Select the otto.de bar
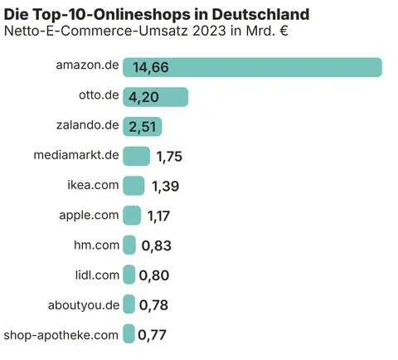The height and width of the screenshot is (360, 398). click(156, 97)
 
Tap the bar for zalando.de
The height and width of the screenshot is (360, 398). click(143, 126)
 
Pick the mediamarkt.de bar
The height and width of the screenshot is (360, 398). click(136, 156)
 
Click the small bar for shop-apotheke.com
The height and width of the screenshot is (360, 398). click(129, 334)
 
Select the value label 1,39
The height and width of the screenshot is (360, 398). click(164, 187)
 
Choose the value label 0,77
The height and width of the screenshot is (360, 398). click(153, 335)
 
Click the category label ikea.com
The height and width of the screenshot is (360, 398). click(93, 185)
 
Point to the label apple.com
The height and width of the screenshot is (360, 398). click(89, 215)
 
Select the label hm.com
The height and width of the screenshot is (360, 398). click(97, 245)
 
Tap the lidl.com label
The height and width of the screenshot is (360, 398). click(97, 275)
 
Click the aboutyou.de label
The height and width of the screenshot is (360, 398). click(84, 304)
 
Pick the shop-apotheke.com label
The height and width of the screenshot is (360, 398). click(61, 334)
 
